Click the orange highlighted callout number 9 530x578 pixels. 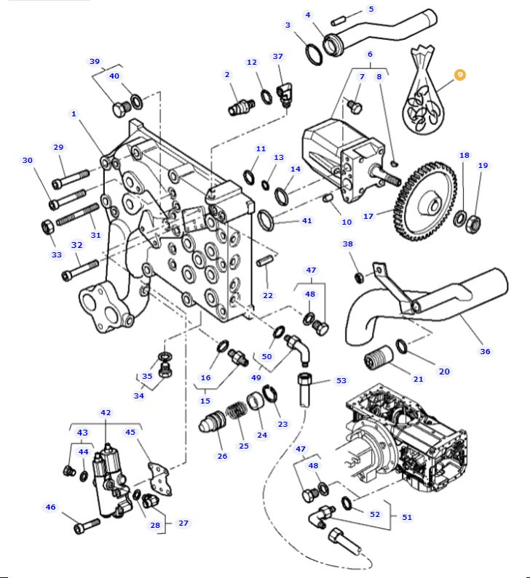tap(460, 75)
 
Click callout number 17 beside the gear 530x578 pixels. tap(368, 216)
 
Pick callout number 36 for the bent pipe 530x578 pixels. tap(485, 351)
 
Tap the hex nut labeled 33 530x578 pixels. tap(47, 226)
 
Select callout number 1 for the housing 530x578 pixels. tap(74, 114)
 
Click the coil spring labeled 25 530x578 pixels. tap(236, 411)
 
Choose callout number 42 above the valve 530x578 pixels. tap(106, 412)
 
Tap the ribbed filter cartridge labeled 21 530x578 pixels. tap(379, 356)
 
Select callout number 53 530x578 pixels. tap(341, 380)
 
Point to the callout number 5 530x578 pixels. tap(371, 9)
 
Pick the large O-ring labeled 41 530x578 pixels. tap(266, 220)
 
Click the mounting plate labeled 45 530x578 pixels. tap(159, 480)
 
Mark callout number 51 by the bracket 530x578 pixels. tap(407, 517)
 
